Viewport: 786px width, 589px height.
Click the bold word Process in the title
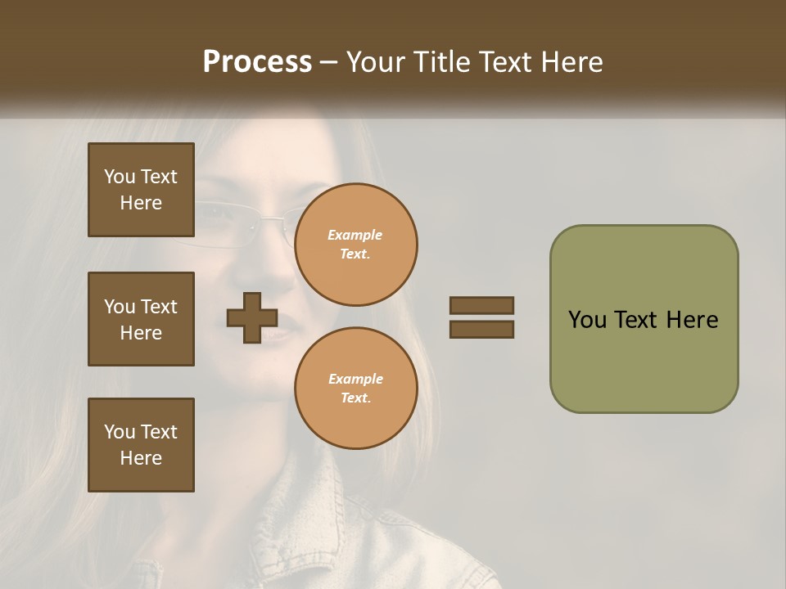[x=257, y=62]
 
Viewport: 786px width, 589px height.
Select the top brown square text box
[x=141, y=190]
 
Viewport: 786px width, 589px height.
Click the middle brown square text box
[x=141, y=319]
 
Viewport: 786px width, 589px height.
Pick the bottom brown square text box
[x=141, y=445]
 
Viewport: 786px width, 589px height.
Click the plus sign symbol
[x=252, y=317]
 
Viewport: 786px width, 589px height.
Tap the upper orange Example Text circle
[x=355, y=244]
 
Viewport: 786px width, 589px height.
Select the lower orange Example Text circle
[x=355, y=388]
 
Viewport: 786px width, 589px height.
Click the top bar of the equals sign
[x=481, y=305]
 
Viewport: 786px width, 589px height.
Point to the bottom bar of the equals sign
[x=481, y=330]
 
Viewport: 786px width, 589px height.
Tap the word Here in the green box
[x=692, y=320]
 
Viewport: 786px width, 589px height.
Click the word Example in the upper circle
[x=355, y=236]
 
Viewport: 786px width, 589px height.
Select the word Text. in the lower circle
[x=355, y=398]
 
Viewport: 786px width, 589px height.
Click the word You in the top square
[x=120, y=177]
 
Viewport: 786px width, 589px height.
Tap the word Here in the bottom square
[x=141, y=458]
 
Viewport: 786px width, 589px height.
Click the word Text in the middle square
[x=158, y=307]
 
